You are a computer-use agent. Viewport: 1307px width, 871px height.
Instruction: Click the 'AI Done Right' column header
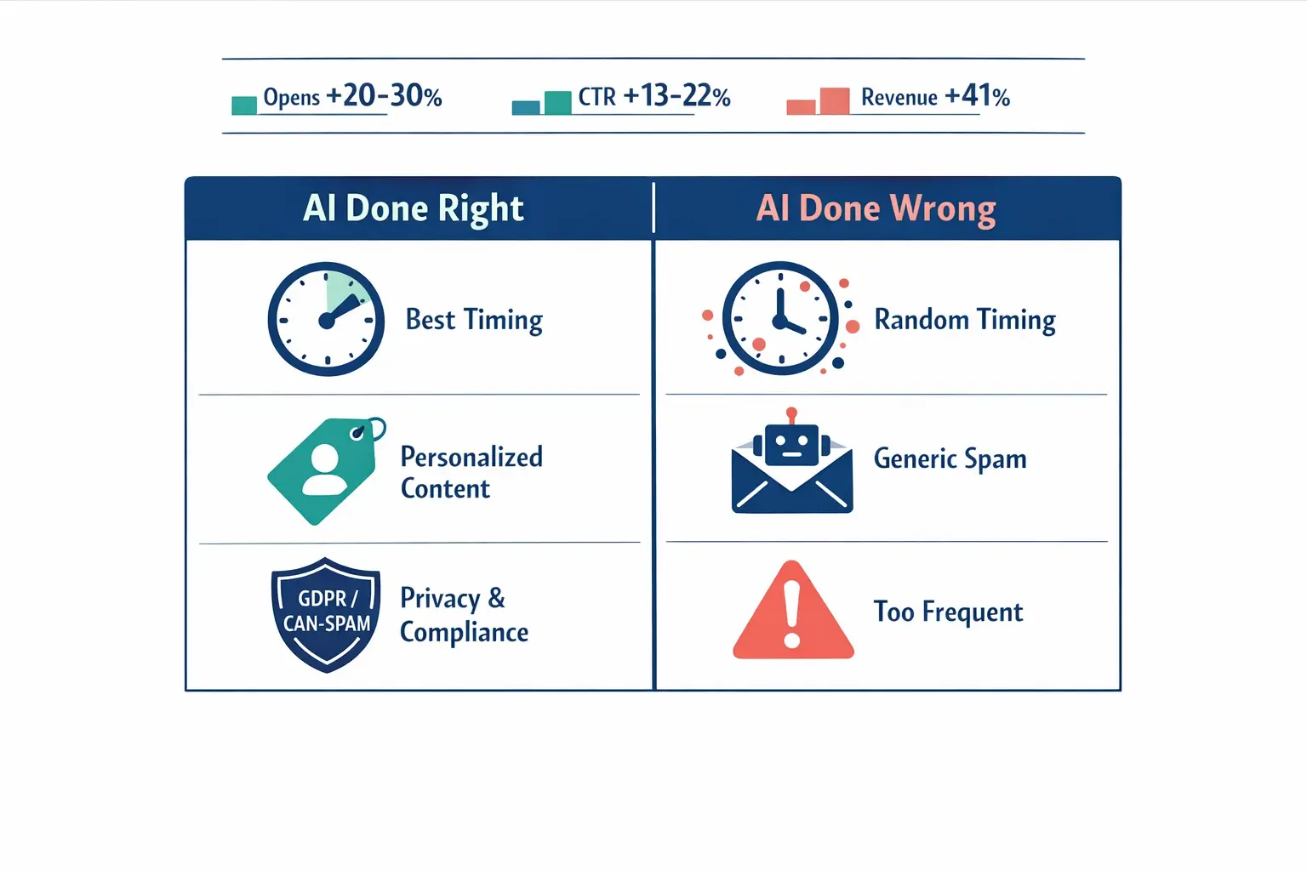414,208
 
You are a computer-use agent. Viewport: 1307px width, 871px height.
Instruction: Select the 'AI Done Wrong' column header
876,208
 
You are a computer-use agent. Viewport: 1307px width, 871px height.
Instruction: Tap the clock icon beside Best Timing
326,319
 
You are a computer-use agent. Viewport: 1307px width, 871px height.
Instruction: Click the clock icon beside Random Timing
779,319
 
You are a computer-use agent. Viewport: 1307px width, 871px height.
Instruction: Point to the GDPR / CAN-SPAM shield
326,613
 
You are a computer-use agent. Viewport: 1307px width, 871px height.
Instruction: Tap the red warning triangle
793,612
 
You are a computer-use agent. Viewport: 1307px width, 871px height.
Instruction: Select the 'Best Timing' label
474,320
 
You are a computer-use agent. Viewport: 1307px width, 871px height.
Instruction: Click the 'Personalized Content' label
471,472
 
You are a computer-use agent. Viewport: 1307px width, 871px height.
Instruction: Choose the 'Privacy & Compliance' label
464,615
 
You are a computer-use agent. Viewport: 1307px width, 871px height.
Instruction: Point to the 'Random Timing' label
964,320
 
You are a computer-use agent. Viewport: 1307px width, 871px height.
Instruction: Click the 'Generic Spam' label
950,459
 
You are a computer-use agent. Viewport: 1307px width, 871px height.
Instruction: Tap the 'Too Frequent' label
948,612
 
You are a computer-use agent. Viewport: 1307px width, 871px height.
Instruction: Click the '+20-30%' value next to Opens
384,96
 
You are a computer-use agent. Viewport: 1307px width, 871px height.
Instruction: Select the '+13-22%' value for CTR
676,96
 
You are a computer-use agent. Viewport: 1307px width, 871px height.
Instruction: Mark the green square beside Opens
244,105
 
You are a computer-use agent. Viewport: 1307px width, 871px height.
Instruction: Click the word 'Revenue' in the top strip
899,98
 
